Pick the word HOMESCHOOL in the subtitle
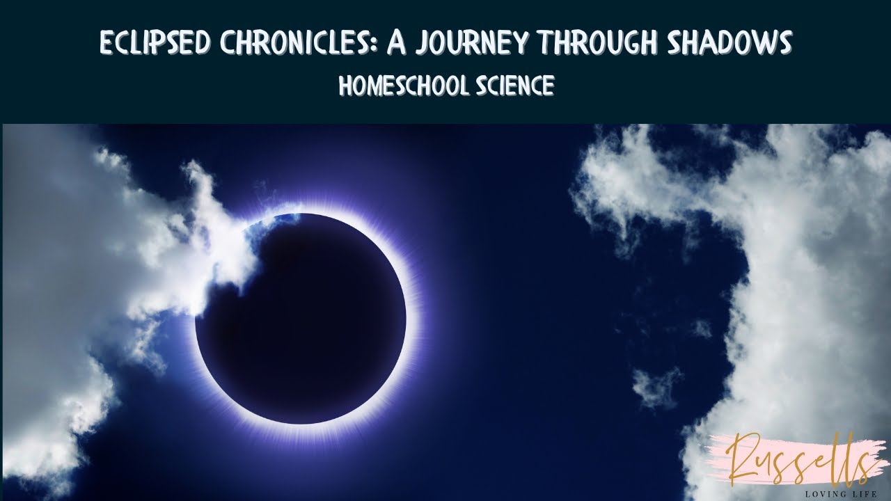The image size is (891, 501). point(401,86)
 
